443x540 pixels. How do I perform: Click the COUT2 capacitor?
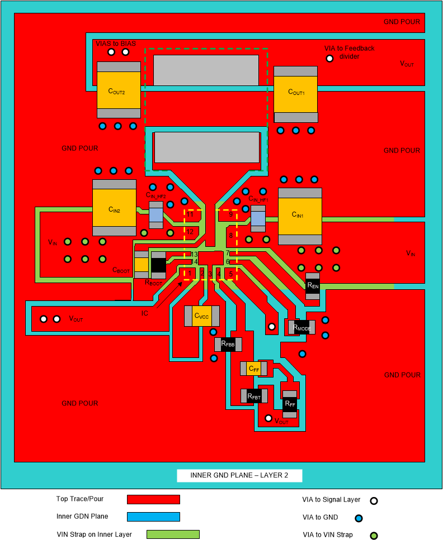click(119, 90)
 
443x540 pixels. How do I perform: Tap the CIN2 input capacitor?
click(114, 208)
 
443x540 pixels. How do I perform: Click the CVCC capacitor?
click(201, 316)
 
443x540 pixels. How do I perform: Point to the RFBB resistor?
click(227, 345)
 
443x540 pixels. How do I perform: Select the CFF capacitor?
click(253, 369)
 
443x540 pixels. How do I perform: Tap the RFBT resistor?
click(254, 396)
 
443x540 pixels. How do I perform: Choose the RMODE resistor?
click(300, 327)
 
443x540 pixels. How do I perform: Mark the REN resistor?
click(312, 286)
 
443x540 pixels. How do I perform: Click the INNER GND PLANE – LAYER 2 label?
click(239, 476)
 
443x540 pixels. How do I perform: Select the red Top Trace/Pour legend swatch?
click(153, 499)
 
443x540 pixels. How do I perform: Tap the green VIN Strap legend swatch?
click(173, 534)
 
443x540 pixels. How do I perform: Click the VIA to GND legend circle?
click(359, 518)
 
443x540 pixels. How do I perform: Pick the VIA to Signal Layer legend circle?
click(374, 501)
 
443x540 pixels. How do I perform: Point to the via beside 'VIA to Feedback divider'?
click(330, 58)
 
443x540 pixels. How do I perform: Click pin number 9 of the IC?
click(230, 214)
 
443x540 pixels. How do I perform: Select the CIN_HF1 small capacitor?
click(257, 218)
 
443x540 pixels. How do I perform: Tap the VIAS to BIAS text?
click(116, 44)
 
